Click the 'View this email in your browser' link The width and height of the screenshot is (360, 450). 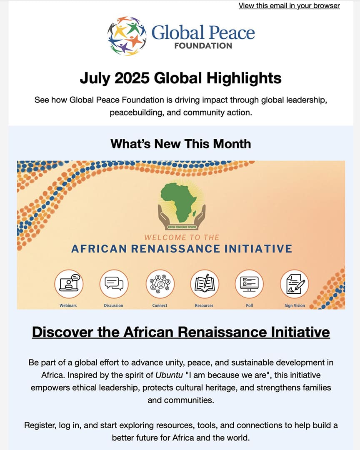(289, 6)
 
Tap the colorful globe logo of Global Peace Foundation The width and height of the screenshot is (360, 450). (127, 36)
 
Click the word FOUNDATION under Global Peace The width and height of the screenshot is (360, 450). (203, 46)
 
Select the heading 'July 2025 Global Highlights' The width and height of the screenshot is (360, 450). (180, 78)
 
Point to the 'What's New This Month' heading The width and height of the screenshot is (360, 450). (180, 144)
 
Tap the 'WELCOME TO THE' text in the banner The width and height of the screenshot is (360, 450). (181, 237)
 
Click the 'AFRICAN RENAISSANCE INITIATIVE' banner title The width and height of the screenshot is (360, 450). (181, 249)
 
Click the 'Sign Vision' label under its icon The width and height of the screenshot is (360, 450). (295, 305)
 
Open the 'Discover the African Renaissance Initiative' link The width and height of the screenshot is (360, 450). (181, 332)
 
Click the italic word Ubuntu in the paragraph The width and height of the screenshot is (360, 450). (169, 375)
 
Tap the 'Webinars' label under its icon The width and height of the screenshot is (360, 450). (68, 305)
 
